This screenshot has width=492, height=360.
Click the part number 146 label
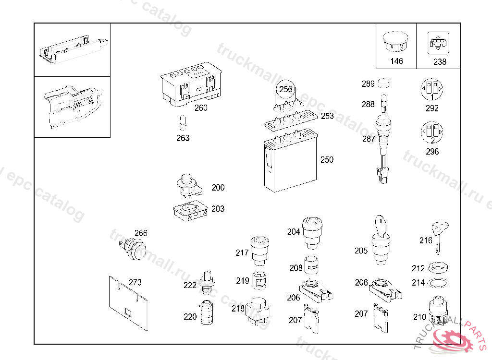(x=396, y=61)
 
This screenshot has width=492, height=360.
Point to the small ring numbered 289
(x=384, y=84)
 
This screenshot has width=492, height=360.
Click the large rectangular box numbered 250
(x=290, y=163)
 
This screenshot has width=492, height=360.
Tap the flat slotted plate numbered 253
(x=291, y=120)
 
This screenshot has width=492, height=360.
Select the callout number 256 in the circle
(x=286, y=89)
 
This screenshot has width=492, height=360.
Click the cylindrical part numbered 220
(x=207, y=312)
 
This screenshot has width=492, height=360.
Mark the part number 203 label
(x=218, y=209)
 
